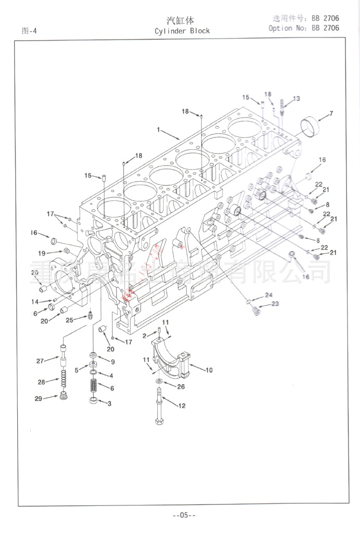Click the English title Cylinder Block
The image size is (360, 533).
182,31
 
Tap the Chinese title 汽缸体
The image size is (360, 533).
180,21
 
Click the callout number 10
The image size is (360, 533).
209,371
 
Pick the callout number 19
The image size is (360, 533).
42,253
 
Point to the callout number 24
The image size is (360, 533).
268,295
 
